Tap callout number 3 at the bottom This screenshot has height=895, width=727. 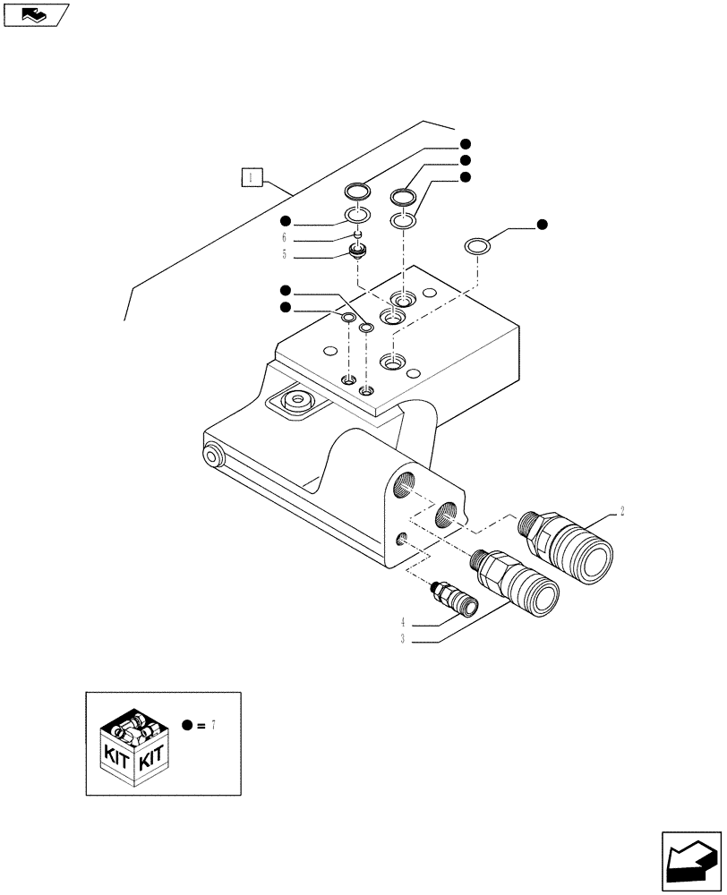tap(404, 639)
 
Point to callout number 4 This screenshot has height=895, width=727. tap(404, 622)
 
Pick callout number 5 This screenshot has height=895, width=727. tap(284, 254)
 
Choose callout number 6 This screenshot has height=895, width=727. tap(284, 237)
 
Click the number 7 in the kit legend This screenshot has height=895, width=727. tap(215, 725)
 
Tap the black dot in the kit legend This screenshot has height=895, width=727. tap(186, 725)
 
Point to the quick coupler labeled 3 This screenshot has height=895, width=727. tap(515, 582)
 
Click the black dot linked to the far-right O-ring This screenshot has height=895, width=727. tap(542, 224)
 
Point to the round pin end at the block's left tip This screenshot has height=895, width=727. tap(213, 456)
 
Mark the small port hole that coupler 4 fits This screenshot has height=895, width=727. tap(402, 538)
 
